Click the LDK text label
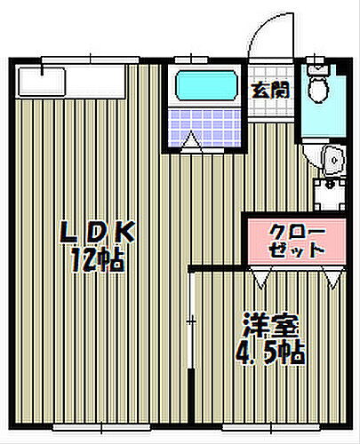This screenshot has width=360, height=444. (x=97, y=234)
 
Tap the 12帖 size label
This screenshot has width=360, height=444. (x=97, y=260)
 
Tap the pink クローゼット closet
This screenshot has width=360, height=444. (x=297, y=240)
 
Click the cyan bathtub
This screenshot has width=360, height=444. (x=205, y=86)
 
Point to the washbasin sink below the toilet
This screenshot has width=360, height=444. (x=331, y=157)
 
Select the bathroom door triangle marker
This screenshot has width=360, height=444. (x=192, y=139)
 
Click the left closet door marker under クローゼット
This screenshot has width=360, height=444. (x=259, y=279)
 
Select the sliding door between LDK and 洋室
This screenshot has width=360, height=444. (x=189, y=320)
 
